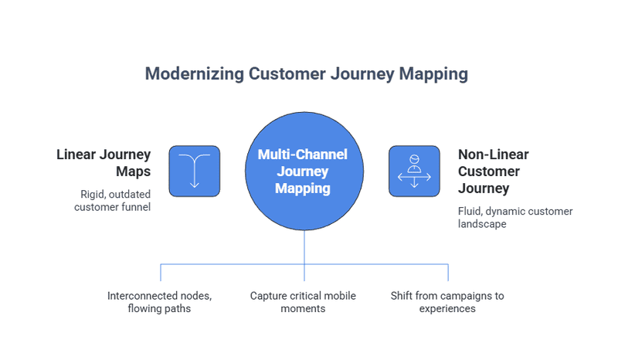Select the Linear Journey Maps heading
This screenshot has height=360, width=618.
(x=104, y=164)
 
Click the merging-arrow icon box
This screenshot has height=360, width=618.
(x=194, y=171)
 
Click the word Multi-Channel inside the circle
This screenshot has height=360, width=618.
(x=304, y=155)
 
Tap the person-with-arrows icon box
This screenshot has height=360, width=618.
(x=414, y=171)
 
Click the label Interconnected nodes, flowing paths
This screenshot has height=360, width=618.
(x=159, y=302)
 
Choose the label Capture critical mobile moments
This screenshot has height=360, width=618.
(x=304, y=302)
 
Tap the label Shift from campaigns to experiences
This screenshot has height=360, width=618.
(x=448, y=302)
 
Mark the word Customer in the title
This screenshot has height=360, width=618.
(x=284, y=74)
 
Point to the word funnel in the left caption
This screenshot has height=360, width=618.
(x=133, y=207)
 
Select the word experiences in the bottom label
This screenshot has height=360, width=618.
(x=448, y=309)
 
